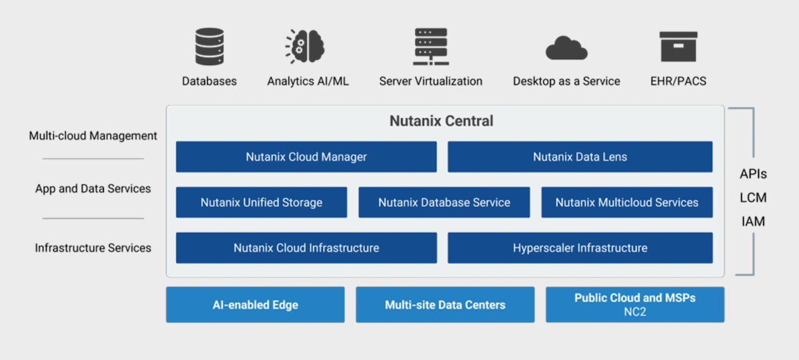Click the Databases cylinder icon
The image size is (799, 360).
209,47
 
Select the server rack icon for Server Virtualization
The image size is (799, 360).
430,47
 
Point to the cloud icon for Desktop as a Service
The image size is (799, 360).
566,48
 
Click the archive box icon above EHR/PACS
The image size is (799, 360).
678,47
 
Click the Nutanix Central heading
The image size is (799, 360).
441,121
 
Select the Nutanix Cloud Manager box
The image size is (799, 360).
306,157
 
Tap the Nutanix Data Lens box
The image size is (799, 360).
579,157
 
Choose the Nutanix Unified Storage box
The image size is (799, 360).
261,202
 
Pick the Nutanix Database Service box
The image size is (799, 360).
444,202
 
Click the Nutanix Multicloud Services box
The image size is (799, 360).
627,202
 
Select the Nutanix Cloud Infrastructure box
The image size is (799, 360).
306,248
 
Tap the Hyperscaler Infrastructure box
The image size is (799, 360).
579,248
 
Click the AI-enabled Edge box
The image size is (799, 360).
255,305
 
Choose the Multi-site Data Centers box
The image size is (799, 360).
445,305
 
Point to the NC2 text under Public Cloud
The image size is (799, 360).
635,311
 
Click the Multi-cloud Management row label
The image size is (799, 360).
93,136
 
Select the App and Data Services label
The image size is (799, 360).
93,188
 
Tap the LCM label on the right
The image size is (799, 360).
753,198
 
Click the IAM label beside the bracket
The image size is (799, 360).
753,222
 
